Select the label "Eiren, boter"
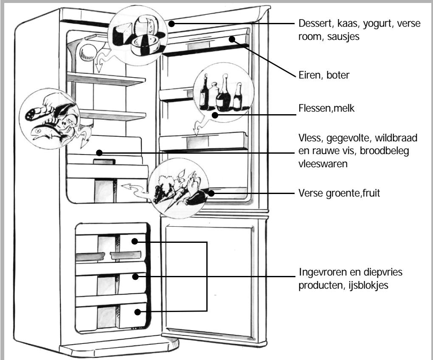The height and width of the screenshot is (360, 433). point(324,75)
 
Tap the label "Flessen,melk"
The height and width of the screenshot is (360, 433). point(326,108)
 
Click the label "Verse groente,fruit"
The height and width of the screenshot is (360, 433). point(339,193)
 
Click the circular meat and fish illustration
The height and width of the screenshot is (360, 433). point(50,119)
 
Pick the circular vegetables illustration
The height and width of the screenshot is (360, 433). point(179,188)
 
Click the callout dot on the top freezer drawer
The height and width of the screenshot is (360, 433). point(135,241)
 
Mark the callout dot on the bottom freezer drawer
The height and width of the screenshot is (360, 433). point(138,312)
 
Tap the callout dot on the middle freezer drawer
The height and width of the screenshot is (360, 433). point(135,276)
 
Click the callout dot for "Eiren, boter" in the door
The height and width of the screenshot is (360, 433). point(232,39)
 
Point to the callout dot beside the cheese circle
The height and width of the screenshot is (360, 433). point(172,24)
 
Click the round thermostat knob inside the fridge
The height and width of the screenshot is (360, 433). point(88,53)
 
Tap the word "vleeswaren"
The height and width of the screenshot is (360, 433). point(323,164)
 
